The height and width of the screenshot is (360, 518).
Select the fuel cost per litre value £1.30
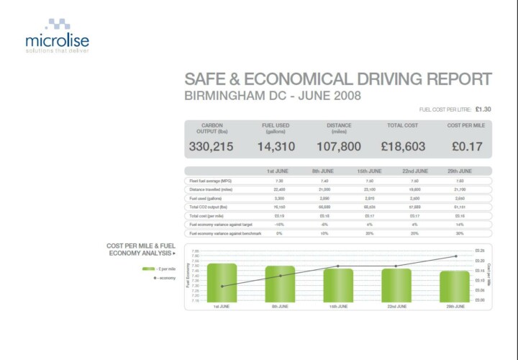pyautogui.click(x=483, y=109)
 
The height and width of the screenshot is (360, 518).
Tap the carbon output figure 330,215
pyautogui.click(x=212, y=147)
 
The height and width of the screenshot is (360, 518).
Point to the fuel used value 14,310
pyautogui.click(x=276, y=147)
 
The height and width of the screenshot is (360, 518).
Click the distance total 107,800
pyautogui.click(x=339, y=147)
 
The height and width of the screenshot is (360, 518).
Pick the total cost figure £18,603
pyautogui.click(x=403, y=147)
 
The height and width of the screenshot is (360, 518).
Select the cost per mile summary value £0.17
pyautogui.click(x=467, y=147)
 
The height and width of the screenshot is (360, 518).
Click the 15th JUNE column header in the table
pyautogui.click(x=369, y=171)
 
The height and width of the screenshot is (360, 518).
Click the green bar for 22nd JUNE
pyautogui.click(x=396, y=285)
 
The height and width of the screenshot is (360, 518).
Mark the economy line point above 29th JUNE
pyautogui.click(x=455, y=256)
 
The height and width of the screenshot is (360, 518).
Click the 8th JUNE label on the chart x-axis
pyautogui.click(x=280, y=306)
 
